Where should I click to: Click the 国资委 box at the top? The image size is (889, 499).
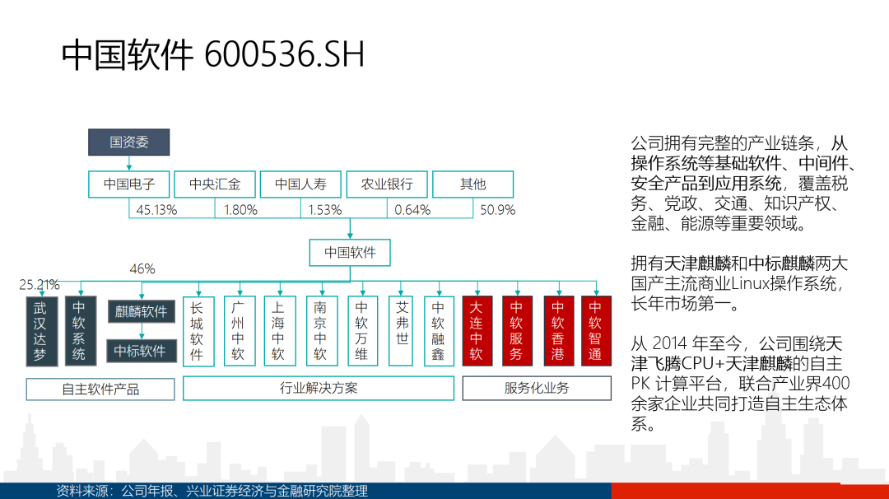point(128,142)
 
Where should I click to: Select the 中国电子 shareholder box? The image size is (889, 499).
point(128,184)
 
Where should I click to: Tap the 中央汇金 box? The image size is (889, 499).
point(215,184)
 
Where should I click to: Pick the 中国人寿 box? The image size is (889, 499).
point(300,184)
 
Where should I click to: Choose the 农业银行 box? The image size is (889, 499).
point(387,184)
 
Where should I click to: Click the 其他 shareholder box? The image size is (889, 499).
point(472,184)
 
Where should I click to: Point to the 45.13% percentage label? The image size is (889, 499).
point(156,210)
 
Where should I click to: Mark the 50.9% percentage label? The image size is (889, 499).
point(498,210)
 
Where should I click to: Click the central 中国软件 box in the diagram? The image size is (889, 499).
point(350,252)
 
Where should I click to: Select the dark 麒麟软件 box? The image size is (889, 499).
point(142,311)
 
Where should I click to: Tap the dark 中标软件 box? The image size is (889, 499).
point(142,351)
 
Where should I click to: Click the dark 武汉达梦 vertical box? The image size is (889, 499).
point(41,331)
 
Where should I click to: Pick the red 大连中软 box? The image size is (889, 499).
point(477,331)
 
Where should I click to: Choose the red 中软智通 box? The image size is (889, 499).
point(596,331)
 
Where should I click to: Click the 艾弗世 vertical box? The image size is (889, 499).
point(401,331)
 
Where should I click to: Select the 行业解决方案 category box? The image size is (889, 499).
point(318,389)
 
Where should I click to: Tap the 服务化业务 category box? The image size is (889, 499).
point(537,389)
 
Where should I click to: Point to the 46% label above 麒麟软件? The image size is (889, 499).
point(142,268)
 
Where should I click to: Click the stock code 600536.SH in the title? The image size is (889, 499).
point(284,55)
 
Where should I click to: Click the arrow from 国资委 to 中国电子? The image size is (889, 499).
point(128,163)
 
